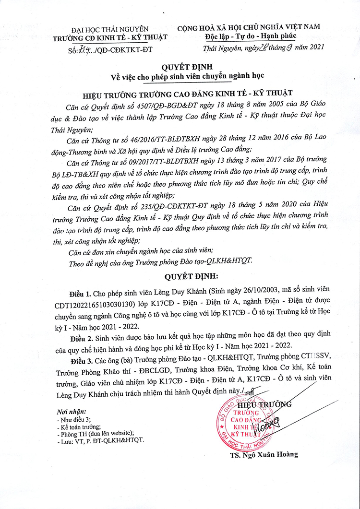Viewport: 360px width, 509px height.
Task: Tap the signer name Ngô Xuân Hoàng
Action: click(264, 454)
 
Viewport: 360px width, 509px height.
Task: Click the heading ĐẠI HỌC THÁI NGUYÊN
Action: click(109, 29)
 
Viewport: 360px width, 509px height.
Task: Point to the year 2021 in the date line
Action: click(314, 47)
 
